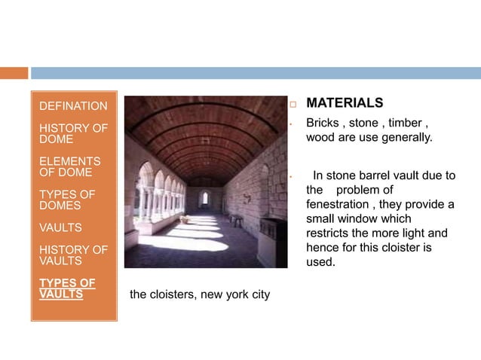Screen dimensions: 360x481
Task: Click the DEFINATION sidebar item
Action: [x=73, y=106]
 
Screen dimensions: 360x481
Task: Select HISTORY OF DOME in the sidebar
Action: [x=73, y=133]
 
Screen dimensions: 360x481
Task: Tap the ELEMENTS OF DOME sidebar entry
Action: [x=69, y=166]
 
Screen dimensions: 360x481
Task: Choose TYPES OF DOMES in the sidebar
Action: [x=67, y=200]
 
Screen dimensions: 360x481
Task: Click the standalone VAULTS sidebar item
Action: [x=61, y=227]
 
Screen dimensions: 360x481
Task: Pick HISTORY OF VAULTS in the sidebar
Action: [x=73, y=255]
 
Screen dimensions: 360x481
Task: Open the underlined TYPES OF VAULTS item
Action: [x=67, y=288]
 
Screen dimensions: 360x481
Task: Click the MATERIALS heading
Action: [x=345, y=102]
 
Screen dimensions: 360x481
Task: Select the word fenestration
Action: [x=339, y=205]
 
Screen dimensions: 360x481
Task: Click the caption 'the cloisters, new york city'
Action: [x=200, y=294]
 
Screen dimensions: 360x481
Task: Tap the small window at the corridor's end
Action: [x=204, y=198]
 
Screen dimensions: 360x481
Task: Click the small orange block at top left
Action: [x=14, y=73]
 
